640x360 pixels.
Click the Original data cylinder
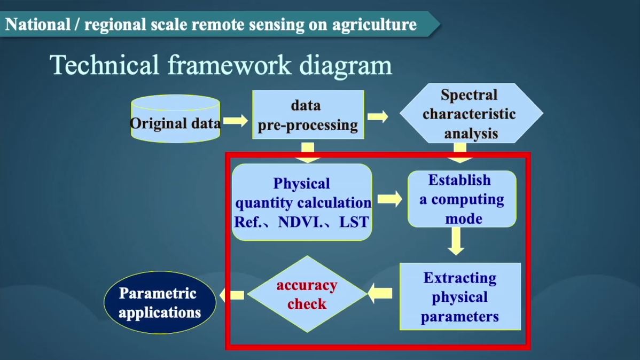point(176,119)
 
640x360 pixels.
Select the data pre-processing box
point(308,115)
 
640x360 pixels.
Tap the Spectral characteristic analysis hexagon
point(471,113)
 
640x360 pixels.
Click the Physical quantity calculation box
point(302,202)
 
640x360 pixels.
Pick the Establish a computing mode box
point(462,199)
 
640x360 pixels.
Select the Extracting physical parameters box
point(461,296)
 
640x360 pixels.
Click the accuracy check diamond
point(307,294)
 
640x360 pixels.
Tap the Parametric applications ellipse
point(160,302)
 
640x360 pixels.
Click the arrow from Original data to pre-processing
point(236,120)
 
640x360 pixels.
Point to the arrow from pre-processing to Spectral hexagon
point(378,116)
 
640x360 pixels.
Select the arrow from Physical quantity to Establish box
point(390,199)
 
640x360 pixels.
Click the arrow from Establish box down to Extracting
point(456,241)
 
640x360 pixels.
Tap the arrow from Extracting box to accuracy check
point(380,293)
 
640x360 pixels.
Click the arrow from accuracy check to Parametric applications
point(232,295)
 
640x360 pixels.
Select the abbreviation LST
point(354,222)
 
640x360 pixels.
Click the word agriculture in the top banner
point(374,25)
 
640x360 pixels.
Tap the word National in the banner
point(38,24)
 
